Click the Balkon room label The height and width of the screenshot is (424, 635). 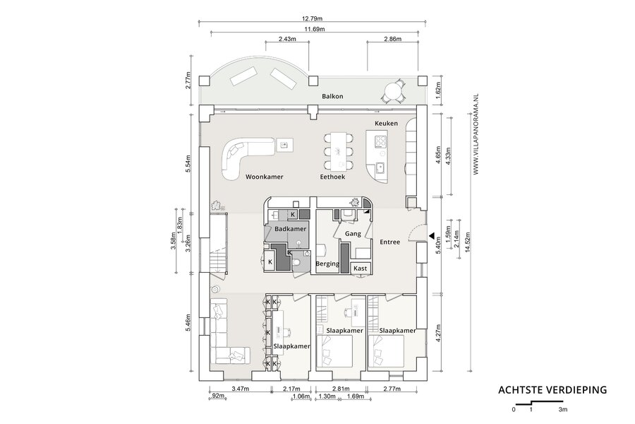coord(332,96)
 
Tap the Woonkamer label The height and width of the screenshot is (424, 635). coord(265,177)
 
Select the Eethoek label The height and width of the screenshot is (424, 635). coord(332,177)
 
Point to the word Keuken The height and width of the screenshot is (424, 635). coord(386,124)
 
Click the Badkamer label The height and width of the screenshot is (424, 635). coord(291,229)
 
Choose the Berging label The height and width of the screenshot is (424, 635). coord(327,264)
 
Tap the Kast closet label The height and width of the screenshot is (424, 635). coord(360,269)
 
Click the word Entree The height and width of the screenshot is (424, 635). coord(389,242)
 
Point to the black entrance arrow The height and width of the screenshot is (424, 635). coord(432,235)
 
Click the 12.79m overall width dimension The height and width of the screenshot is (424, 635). coord(313,18)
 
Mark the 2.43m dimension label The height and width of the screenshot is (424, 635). coord(287,39)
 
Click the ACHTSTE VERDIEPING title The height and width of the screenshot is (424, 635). coord(552,390)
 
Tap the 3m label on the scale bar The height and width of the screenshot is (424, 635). coord(563,409)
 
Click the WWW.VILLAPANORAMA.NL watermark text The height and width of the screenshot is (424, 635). coord(476,134)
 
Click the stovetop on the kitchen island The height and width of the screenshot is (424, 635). coord(380,141)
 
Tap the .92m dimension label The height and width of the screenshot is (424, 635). coord(217,396)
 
